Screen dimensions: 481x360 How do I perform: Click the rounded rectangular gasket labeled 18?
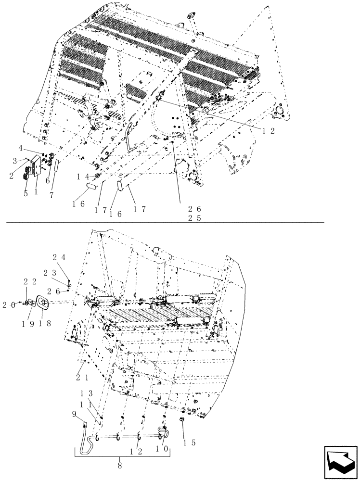pos(43,303)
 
